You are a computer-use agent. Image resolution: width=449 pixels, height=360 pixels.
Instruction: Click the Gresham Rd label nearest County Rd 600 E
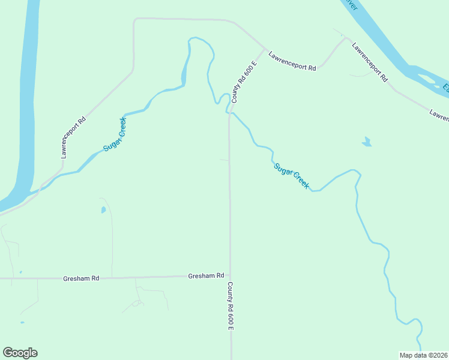tap(206, 275)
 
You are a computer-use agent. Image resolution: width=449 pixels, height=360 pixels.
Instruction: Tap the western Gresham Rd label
tap(81, 279)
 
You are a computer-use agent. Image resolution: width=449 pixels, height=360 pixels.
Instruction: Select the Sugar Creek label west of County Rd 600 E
tap(115, 134)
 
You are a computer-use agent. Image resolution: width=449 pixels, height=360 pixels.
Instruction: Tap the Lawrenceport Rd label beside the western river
tap(74, 137)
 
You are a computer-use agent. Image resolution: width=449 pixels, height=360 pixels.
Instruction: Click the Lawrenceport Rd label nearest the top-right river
tap(370, 62)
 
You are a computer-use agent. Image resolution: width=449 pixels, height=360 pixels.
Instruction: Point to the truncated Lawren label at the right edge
tap(439, 114)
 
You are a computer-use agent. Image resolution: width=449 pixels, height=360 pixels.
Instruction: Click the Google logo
tap(20, 353)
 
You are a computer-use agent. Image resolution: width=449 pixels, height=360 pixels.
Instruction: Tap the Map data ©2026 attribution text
tap(424, 355)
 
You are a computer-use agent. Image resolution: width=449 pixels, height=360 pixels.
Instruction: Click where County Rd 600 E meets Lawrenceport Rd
tap(264, 49)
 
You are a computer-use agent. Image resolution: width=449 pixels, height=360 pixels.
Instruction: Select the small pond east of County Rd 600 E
tap(366, 142)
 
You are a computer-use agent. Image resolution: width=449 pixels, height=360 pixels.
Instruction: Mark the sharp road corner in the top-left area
tap(134, 20)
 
